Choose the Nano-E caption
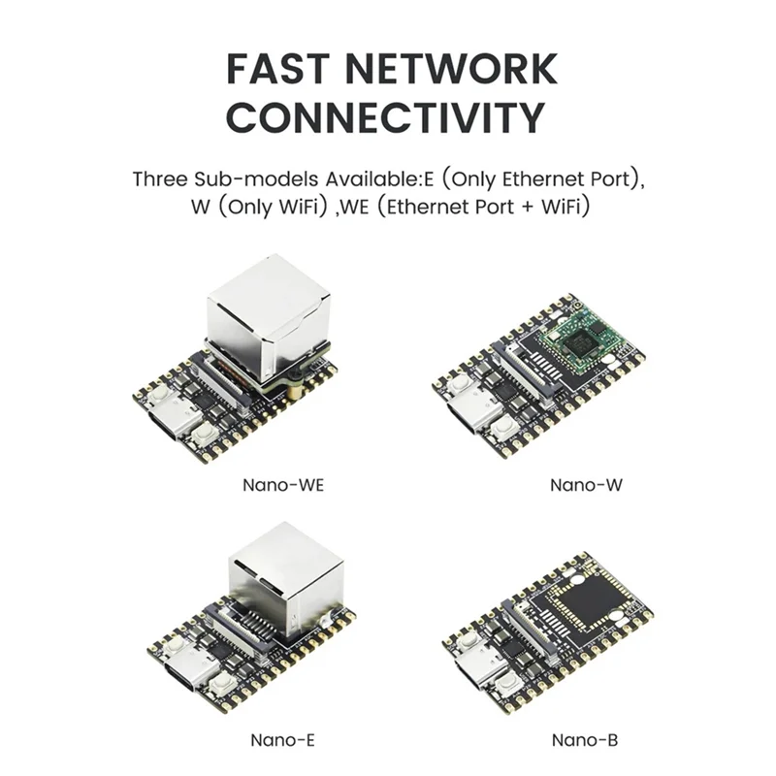click(282, 740)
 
